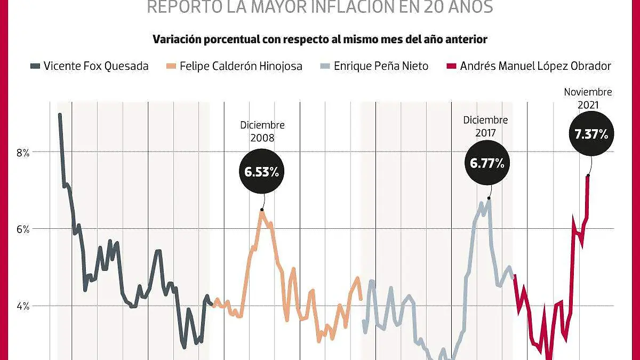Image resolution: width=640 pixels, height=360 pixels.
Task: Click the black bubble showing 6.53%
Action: pyautogui.click(x=262, y=172)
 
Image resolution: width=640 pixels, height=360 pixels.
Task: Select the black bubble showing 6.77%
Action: pyautogui.click(x=487, y=163)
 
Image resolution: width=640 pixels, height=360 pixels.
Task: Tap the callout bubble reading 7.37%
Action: pyautogui.click(x=591, y=134)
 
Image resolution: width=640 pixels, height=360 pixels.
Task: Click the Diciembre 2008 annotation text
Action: pyautogui.click(x=262, y=131)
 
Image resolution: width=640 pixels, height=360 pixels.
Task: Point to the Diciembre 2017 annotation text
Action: pyautogui.click(x=485, y=126)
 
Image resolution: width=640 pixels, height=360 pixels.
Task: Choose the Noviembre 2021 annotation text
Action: pyautogui.click(x=588, y=99)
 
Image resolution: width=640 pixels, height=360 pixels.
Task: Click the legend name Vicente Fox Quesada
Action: pyautogui.click(x=96, y=66)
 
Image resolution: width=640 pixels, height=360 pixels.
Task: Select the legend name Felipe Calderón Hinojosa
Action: pyautogui.click(x=241, y=66)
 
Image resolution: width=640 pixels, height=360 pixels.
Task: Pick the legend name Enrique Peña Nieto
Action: pyautogui.click(x=381, y=66)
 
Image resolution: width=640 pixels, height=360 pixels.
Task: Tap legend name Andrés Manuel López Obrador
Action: pyautogui.click(x=535, y=66)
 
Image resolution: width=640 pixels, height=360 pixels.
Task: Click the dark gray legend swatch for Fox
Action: pyautogui.click(x=35, y=66)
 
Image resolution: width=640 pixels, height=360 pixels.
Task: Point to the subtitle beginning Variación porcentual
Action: pyautogui.click(x=320, y=39)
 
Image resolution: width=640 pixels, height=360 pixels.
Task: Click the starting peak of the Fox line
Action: pyautogui.click(x=60, y=115)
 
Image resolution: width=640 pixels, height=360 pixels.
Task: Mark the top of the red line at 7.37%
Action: pyautogui.click(x=588, y=176)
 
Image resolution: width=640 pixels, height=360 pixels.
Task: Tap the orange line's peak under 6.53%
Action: pyautogui.click(x=261, y=211)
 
